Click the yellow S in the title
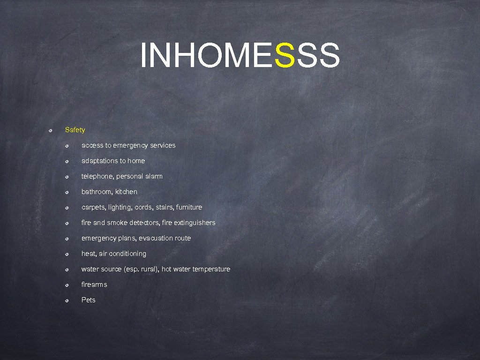click(x=285, y=55)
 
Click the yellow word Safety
click(x=75, y=130)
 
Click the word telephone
click(x=97, y=176)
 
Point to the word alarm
click(x=154, y=176)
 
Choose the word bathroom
click(x=97, y=192)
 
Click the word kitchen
click(x=127, y=192)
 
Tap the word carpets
click(x=94, y=207)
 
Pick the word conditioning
click(x=127, y=254)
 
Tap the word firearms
click(x=94, y=285)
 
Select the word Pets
click(x=88, y=300)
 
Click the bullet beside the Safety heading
click(x=51, y=130)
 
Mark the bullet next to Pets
click(x=67, y=300)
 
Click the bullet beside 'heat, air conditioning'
click(x=67, y=254)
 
